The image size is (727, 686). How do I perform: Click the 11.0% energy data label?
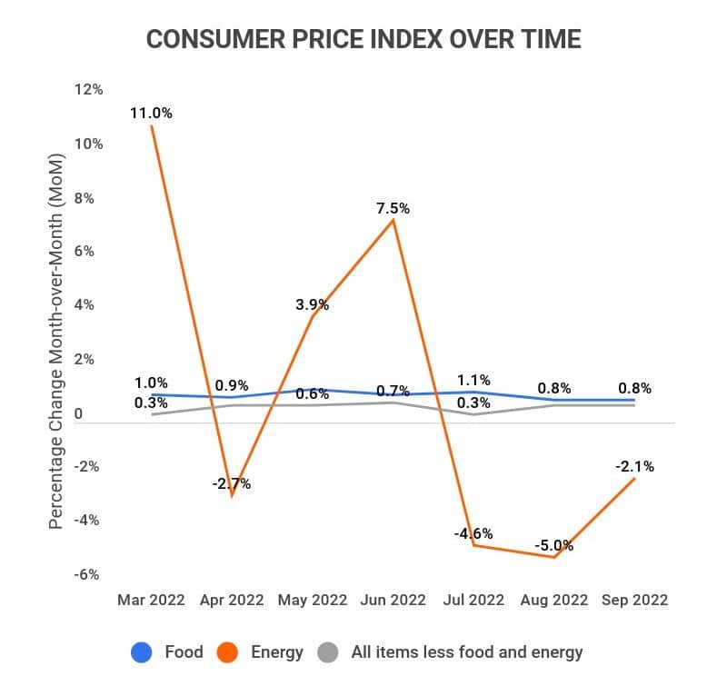coord(151,113)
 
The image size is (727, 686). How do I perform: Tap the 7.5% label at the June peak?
coord(393,208)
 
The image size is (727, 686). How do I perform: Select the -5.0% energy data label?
coord(553,545)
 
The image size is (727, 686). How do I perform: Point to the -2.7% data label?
coord(232,483)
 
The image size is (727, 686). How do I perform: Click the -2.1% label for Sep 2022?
coord(632,466)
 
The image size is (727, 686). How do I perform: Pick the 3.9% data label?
coord(312,304)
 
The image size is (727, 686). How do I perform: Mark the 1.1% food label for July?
coord(473,380)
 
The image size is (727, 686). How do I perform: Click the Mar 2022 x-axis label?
coord(151,600)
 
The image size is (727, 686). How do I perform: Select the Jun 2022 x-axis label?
coord(393,600)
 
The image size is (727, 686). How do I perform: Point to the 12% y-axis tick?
coord(89,90)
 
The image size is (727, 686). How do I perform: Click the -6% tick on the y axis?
coord(88,574)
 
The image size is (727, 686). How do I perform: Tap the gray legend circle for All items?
coord(330,651)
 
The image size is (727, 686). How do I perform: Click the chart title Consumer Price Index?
coord(363,40)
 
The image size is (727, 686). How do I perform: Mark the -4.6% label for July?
coord(473,533)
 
